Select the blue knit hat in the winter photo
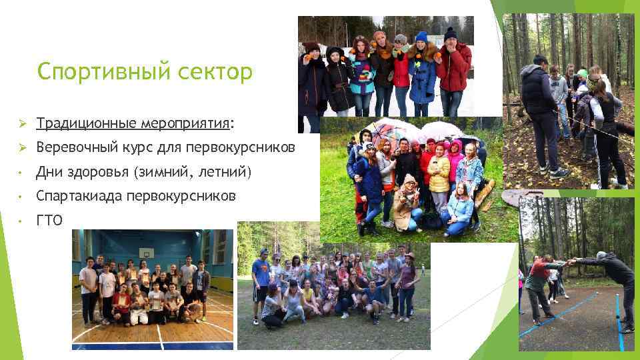[421, 37]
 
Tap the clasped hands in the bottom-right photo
[568, 263]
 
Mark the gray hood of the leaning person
[602, 256]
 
